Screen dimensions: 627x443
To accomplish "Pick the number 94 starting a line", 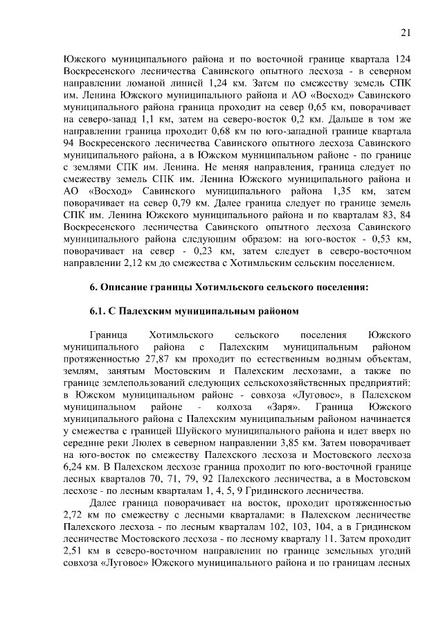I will click(x=68, y=150).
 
